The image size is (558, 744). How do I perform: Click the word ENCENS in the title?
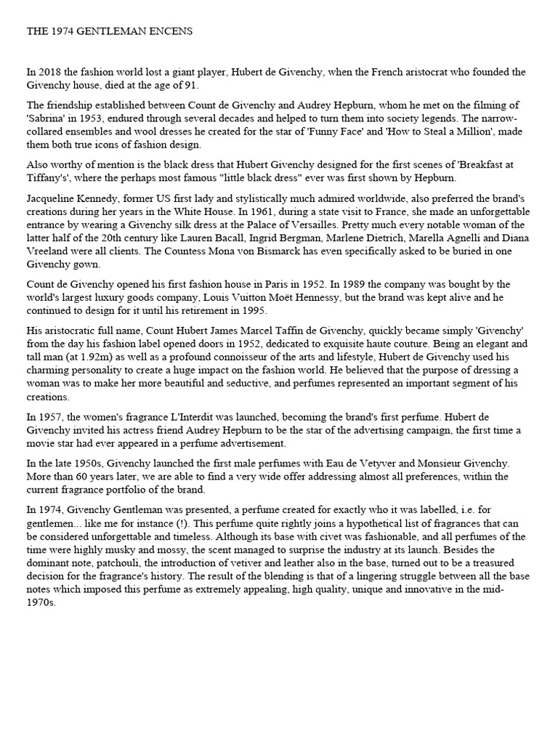[x=171, y=32]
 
